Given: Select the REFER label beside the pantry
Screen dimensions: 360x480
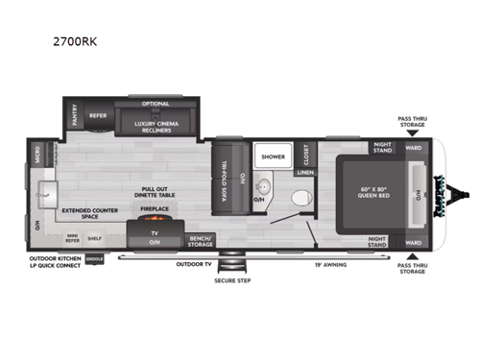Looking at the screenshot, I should click(x=98, y=116).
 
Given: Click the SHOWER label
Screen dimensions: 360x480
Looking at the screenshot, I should click(x=272, y=154).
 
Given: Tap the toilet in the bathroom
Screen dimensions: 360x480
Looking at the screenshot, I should click(x=299, y=197).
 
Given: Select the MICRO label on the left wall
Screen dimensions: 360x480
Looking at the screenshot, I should click(x=36, y=156).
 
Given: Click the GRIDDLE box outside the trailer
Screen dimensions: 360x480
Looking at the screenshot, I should click(x=94, y=258).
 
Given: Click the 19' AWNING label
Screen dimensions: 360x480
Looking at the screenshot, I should click(x=329, y=262).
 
